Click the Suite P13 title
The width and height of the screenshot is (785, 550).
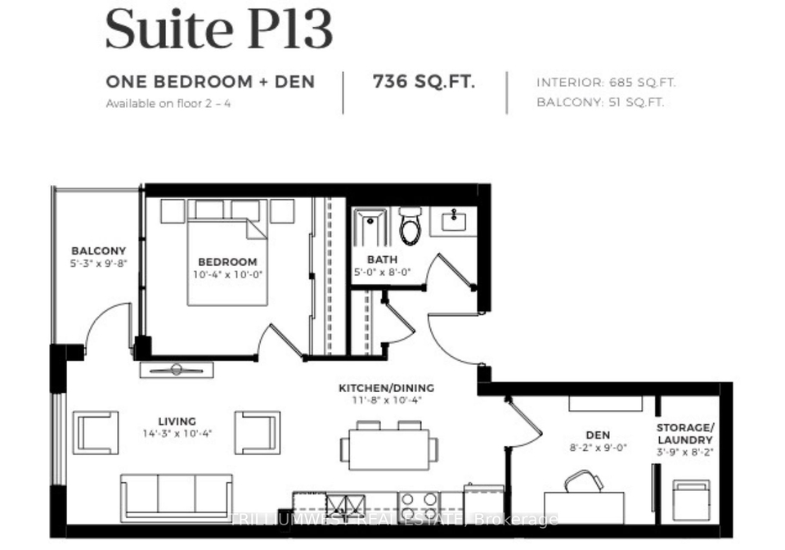point(219,29)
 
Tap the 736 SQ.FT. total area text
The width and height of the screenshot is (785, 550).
point(424,81)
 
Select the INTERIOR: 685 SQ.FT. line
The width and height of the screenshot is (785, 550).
point(606,83)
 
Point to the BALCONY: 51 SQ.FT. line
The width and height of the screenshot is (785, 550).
point(600,102)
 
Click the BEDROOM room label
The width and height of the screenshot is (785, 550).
point(228,261)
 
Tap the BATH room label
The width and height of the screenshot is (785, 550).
point(382,259)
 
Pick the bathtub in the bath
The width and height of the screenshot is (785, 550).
point(370,228)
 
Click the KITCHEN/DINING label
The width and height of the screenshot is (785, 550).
point(387,388)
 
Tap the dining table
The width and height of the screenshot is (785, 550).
point(389,449)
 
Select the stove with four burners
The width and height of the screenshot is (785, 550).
point(419,504)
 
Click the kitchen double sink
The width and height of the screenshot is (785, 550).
point(346,504)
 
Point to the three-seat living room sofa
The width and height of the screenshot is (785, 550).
point(177,498)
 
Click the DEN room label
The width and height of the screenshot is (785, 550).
point(599,435)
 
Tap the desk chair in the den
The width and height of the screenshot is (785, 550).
point(584,481)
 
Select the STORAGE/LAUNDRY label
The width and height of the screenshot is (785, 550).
point(685,434)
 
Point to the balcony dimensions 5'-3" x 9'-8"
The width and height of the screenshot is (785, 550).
point(99,263)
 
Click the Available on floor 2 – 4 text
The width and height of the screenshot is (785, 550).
point(168,104)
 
